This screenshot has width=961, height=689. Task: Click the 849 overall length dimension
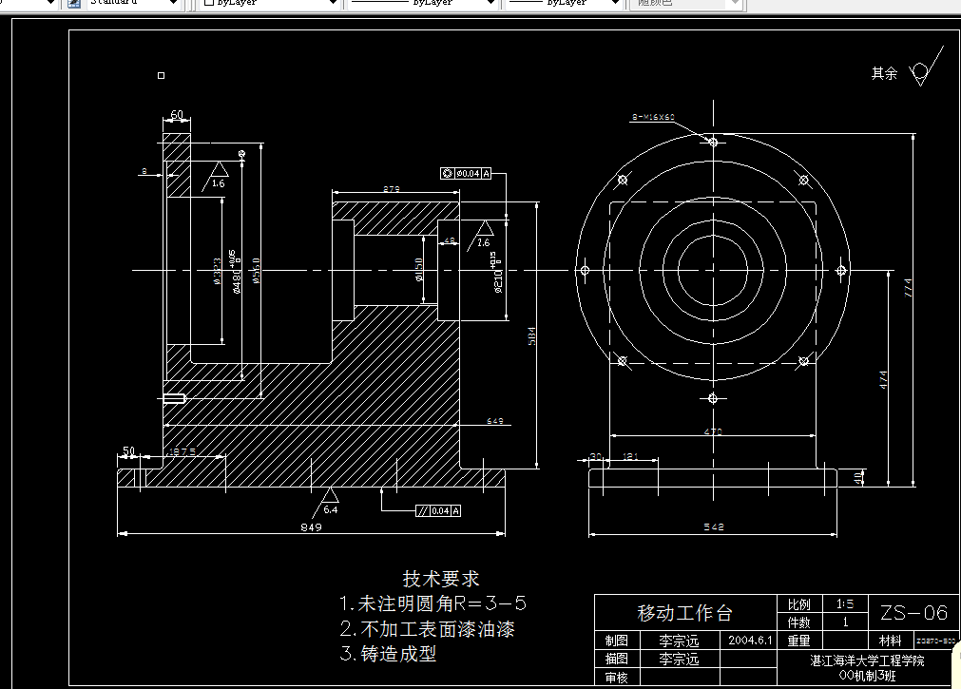(311, 526)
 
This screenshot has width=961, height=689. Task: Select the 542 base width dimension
(715, 526)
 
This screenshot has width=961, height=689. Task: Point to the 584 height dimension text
(532, 335)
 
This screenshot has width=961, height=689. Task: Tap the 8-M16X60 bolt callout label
(653, 117)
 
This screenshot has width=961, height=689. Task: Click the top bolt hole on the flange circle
(713, 142)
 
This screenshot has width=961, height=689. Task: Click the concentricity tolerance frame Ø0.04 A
(466, 173)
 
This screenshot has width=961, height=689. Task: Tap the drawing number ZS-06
(913, 612)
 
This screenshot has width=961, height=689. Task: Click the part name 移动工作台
(684, 612)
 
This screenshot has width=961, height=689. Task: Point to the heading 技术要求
(441, 579)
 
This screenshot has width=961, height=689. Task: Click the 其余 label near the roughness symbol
(884, 73)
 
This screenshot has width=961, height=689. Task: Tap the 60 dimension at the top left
(177, 115)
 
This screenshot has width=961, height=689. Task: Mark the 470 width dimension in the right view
(713, 431)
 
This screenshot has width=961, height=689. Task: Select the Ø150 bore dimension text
(419, 271)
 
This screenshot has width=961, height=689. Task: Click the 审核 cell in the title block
(616, 678)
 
